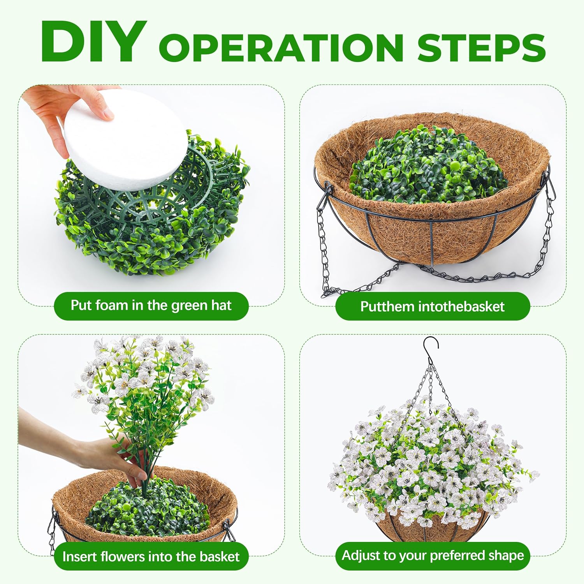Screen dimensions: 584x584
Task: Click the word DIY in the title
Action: pyautogui.click(x=93, y=42)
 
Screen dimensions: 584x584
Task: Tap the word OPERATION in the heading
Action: pyautogui.click(x=281, y=47)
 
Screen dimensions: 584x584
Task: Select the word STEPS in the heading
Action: pyautogui.click(x=482, y=47)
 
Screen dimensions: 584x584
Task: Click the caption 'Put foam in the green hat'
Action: pyautogui.click(x=151, y=306)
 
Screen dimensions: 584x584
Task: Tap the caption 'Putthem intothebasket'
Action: pyautogui.click(x=432, y=306)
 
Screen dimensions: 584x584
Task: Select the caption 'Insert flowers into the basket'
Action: pyautogui.click(x=151, y=556)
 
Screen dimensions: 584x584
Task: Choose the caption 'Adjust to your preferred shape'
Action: pyautogui.click(x=433, y=556)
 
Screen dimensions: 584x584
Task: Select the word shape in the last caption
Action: pyautogui.click(x=506, y=556)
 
